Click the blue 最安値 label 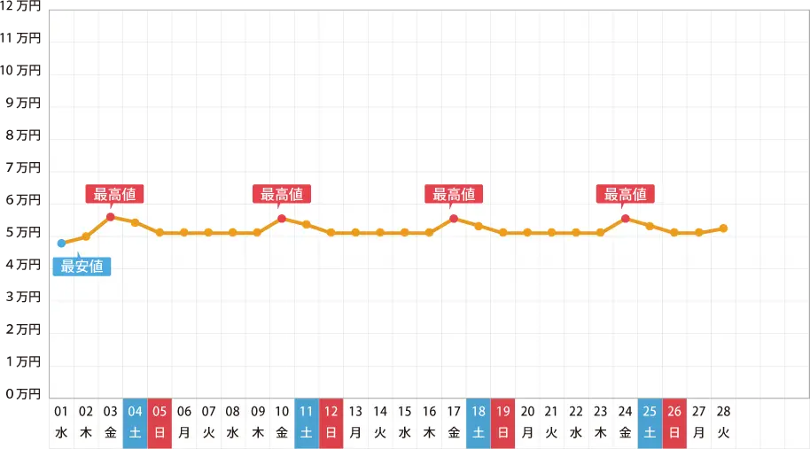pyautogui.click(x=82, y=266)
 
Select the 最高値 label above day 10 pyautogui.click(x=283, y=195)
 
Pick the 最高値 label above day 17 pyautogui.click(x=455, y=195)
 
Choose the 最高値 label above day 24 pyautogui.click(x=626, y=195)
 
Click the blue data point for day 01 pyautogui.click(x=61, y=243)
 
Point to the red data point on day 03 pyautogui.click(x=111, y=217)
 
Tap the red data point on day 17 pyautogui.click(x=454, y=218)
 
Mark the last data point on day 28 pyautogui.click(x=723, y=228)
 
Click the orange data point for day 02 pyautogui.click(x=86, y=236)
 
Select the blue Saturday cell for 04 pyautogui.click(x=135, y=422)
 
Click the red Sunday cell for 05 pyautogui.click(x=160, y=422)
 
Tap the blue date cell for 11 pyautogui.click(x=307, y=422)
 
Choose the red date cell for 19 pyautogui.click(x=502, y=422)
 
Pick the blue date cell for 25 pyautogui.click(x=650, y=422)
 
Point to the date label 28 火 pyautogui.click(x=723, y=422)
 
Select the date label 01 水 pyautogui.click(x=61, y=422)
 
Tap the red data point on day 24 pyautogui.click(x=626, y=218)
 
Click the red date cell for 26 pyautogui.click(x=674, y=422)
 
